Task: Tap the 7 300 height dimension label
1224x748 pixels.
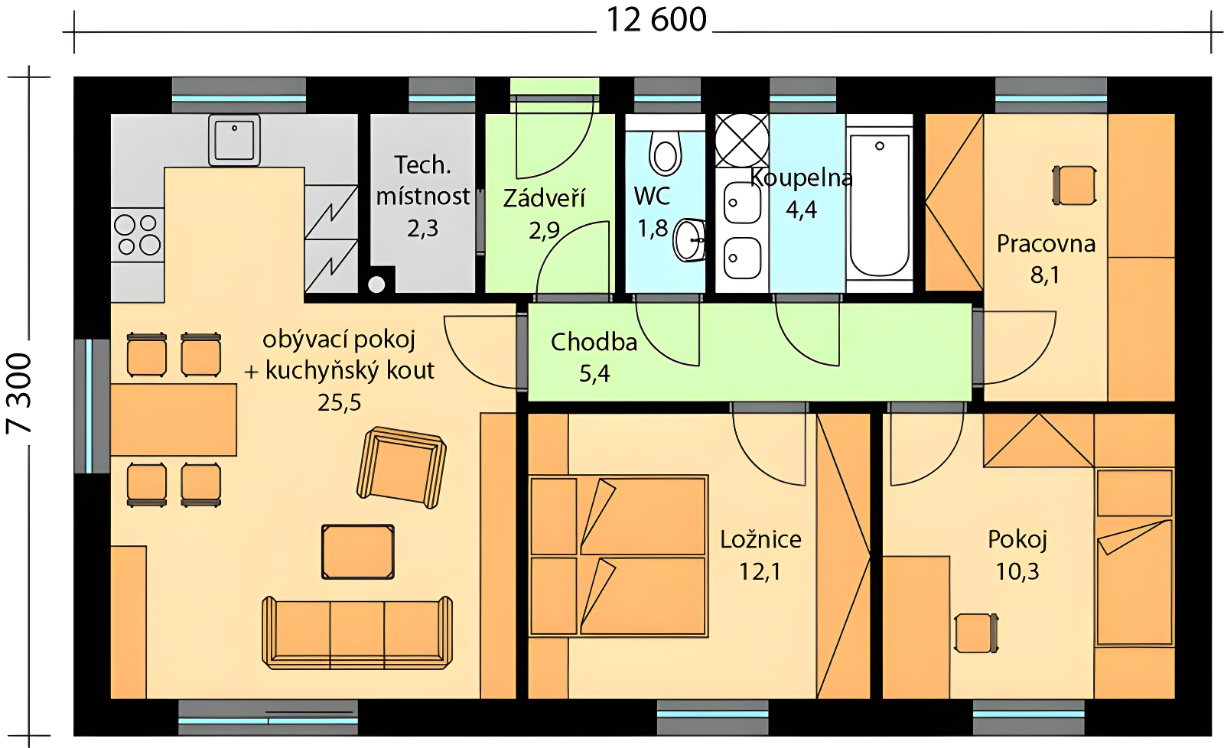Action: click(x=19, y=394)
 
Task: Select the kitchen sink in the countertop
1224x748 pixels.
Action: click(x=234, y=140)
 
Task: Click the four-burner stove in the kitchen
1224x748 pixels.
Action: click(x=138, y=235)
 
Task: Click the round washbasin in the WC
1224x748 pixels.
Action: click(x=689, y=240)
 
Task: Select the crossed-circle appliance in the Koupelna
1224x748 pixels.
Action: click(x=742, y=141)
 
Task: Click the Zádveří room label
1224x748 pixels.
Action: click(x=544, y=198)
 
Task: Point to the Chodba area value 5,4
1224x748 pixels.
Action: click(x=594, y=374)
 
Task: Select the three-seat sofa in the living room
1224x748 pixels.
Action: click(x=357, y=633)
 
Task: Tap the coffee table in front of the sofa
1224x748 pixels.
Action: click(x=358, y=552)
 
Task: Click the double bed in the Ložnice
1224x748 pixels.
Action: click(x=619, y=556)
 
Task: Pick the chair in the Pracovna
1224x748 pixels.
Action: click(x=1074, y=186)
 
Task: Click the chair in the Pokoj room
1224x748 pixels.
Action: click(x=976, y=633)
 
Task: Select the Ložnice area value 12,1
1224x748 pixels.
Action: click(x=760, y=571)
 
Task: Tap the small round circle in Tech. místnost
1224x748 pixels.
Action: click(x=376, y=284)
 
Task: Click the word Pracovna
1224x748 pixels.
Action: click(x=1046, y=244)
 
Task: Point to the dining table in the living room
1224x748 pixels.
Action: click(x=174, y=420)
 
